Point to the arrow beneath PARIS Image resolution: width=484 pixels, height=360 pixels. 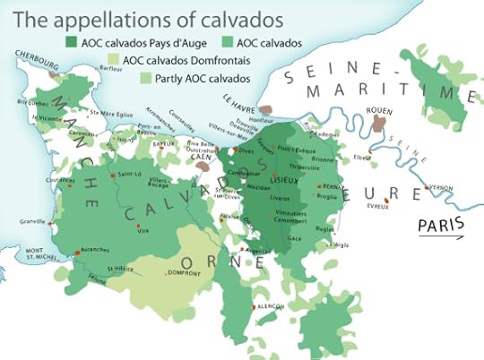441,237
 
